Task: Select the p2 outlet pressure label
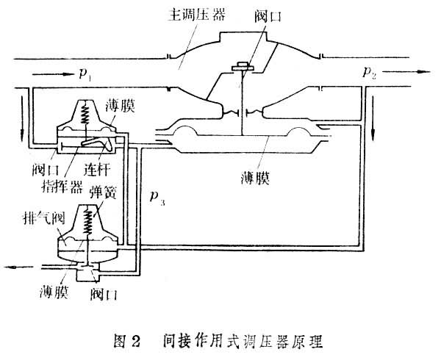tap(369, 71)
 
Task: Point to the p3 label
tap(156, 198)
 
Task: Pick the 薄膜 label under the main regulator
tap(261, 179)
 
